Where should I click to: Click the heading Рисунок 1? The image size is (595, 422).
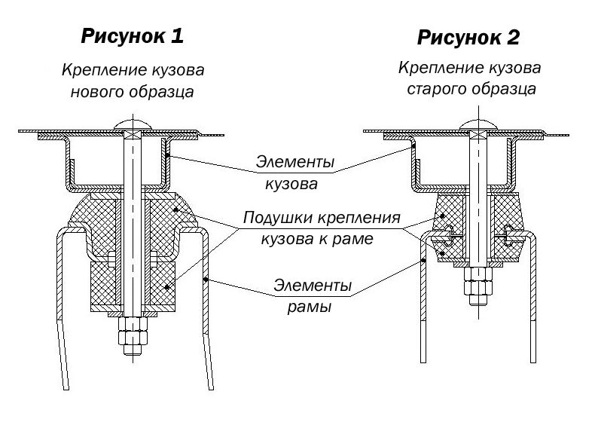[132, 35]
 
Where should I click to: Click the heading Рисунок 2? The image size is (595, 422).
[468, 37]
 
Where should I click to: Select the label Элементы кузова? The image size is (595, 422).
[294, 173]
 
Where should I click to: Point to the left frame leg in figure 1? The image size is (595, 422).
[59, 316]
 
